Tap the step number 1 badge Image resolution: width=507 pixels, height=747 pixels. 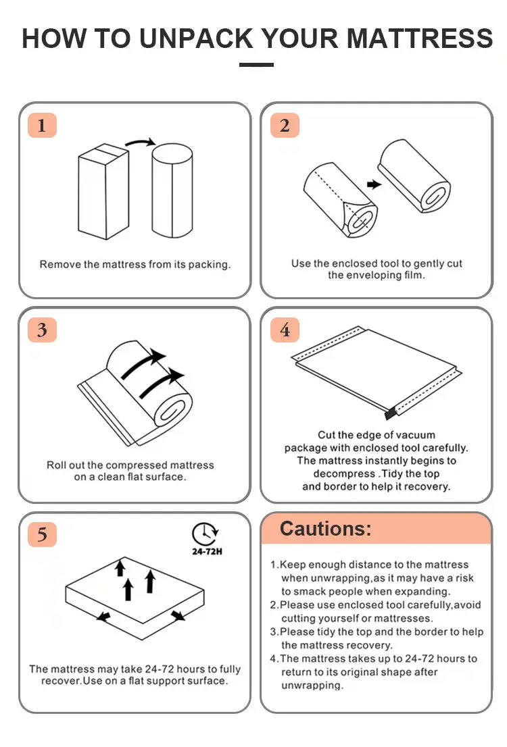42,126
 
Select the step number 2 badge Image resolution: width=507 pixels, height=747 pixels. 285,126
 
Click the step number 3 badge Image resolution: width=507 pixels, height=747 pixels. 42,330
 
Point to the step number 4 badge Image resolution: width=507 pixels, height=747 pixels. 285,330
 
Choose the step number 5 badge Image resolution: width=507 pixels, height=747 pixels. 42,534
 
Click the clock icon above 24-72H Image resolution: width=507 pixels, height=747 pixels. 205,534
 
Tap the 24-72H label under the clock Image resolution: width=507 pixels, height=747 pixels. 207,552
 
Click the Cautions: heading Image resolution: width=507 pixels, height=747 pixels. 325,528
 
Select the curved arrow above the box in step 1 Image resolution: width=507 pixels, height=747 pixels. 140,141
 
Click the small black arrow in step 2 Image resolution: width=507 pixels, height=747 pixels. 374,184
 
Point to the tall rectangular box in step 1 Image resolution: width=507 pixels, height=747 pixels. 103,192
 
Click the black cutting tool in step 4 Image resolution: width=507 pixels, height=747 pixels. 391,413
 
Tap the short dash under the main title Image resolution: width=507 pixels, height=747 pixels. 257,65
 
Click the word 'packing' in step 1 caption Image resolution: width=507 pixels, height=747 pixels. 210,264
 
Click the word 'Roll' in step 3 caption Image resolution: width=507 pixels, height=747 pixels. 56,465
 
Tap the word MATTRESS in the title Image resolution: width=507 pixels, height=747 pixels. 420,38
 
